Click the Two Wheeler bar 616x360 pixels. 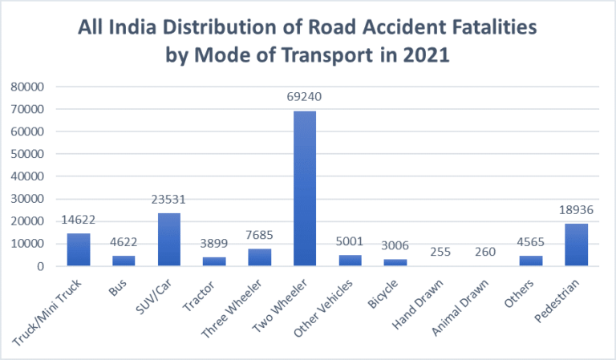point(304,188)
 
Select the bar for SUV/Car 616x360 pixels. point(168,239)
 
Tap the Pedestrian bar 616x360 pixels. point(576,245)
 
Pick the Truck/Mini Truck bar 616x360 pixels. point(78,249)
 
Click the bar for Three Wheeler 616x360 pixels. point(259,257)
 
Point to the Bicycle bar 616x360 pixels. point(395,262)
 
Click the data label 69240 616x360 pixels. point(304,98)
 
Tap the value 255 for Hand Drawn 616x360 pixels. point(440,252)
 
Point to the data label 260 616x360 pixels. point(485,252)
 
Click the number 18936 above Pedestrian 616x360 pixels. point(576,210)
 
